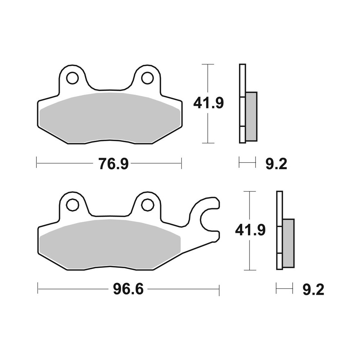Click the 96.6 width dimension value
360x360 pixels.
pos(129,289)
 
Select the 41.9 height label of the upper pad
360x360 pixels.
pos(208,103)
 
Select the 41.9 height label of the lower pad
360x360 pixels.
pos(250,229)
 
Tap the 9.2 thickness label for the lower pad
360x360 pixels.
pos(313,289)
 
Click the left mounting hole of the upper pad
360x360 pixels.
pos(72,78)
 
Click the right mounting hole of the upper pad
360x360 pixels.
pos(147,78)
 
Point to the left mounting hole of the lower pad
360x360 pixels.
pos(72,204)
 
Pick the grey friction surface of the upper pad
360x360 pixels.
pos(110,117)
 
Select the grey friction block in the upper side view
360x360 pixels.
pos(251,116)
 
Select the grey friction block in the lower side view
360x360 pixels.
pos(288,243)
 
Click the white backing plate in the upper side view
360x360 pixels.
pos(242,79)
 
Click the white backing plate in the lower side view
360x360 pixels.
pos(279,205)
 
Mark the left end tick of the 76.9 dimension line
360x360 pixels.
pos(37,163)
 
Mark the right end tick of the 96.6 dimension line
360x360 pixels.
pos(219,289)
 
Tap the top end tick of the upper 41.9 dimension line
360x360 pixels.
pos(208,64)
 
